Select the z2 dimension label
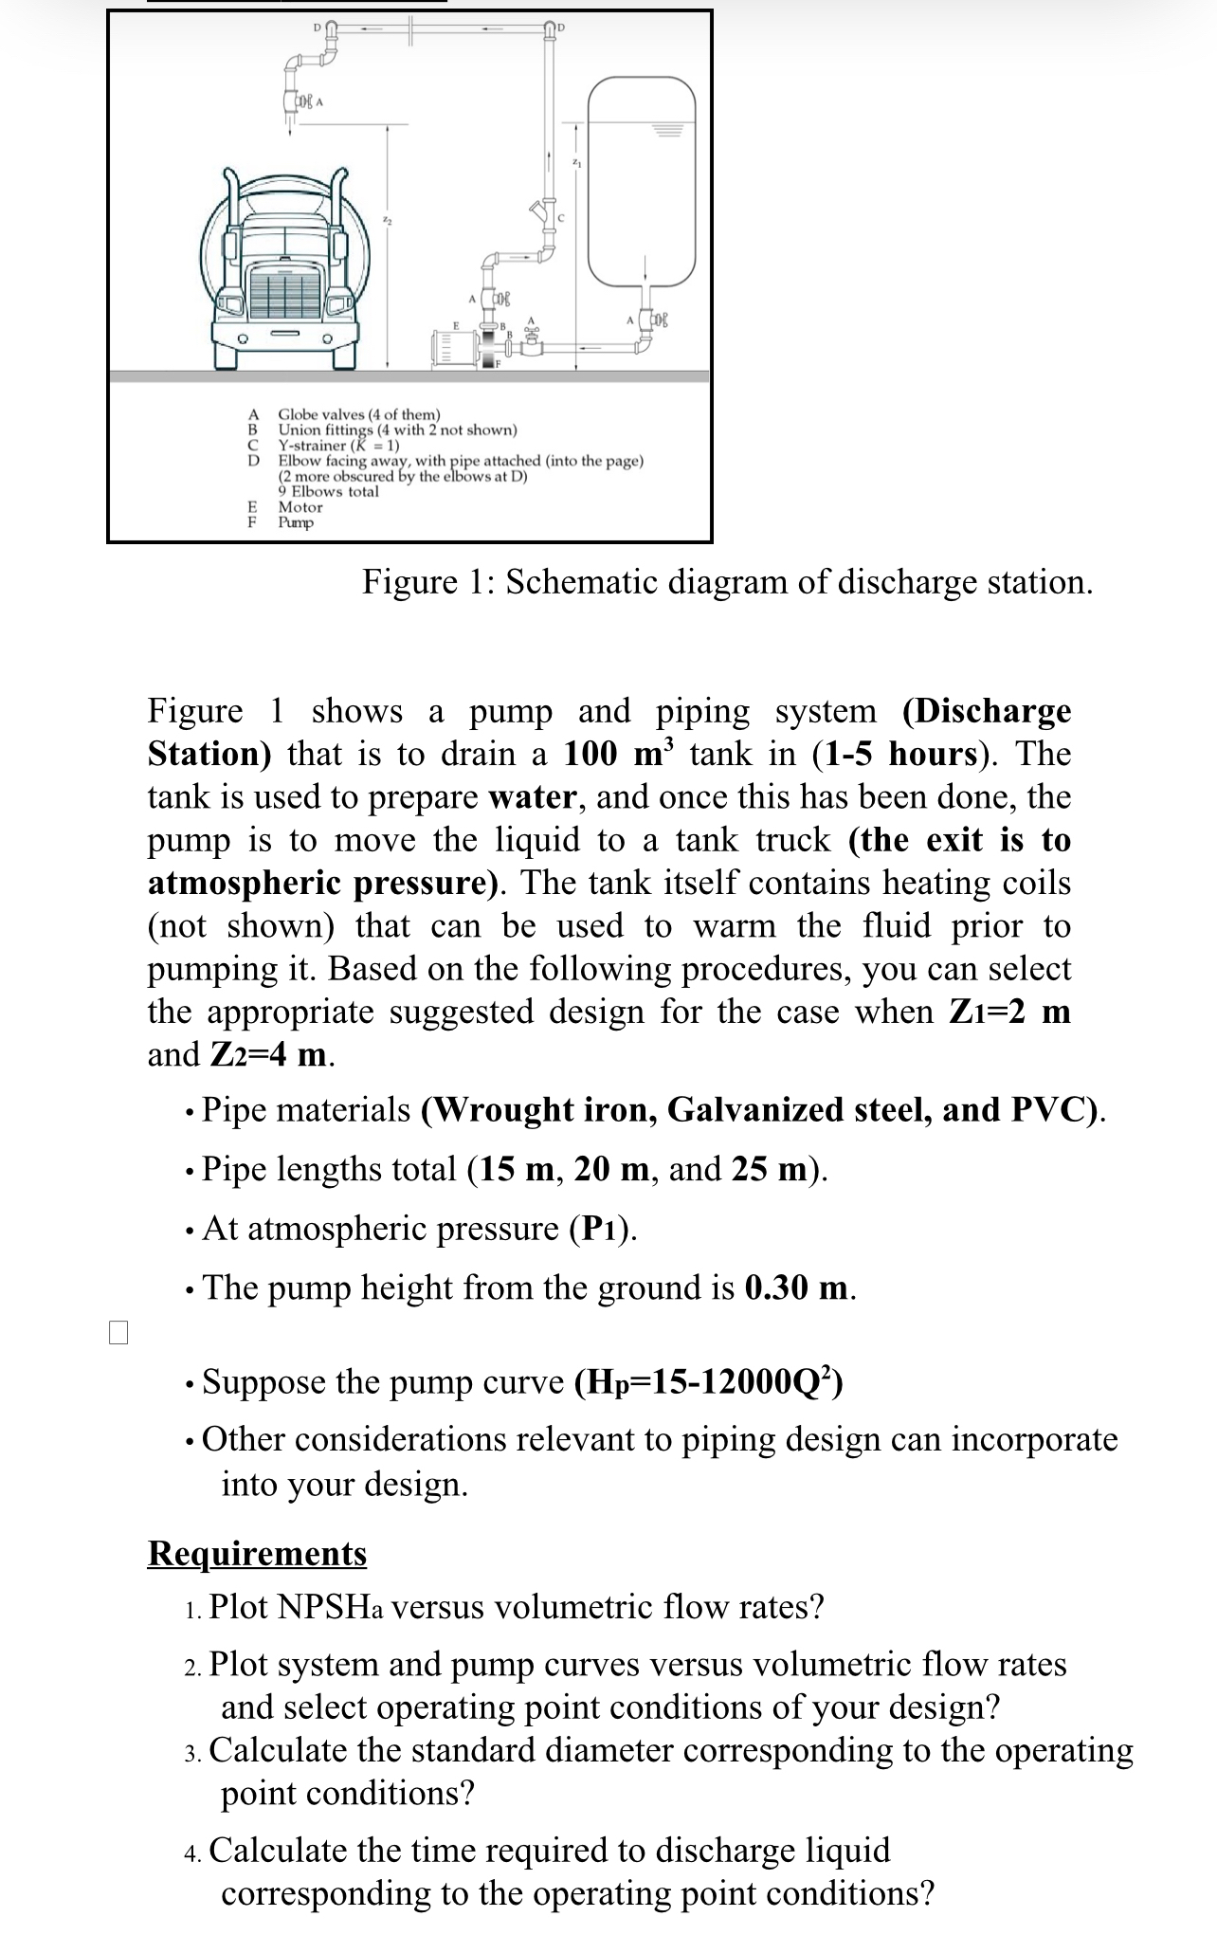[387, 220]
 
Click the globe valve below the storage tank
[654, 321]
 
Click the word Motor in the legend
[300, 507]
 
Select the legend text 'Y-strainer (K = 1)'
[338, 446]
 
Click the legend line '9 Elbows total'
[328, 491]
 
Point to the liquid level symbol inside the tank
[667, 127]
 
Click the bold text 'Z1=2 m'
[1009, 1012]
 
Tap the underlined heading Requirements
[257, 1553]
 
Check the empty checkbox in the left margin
[118, 1332]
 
